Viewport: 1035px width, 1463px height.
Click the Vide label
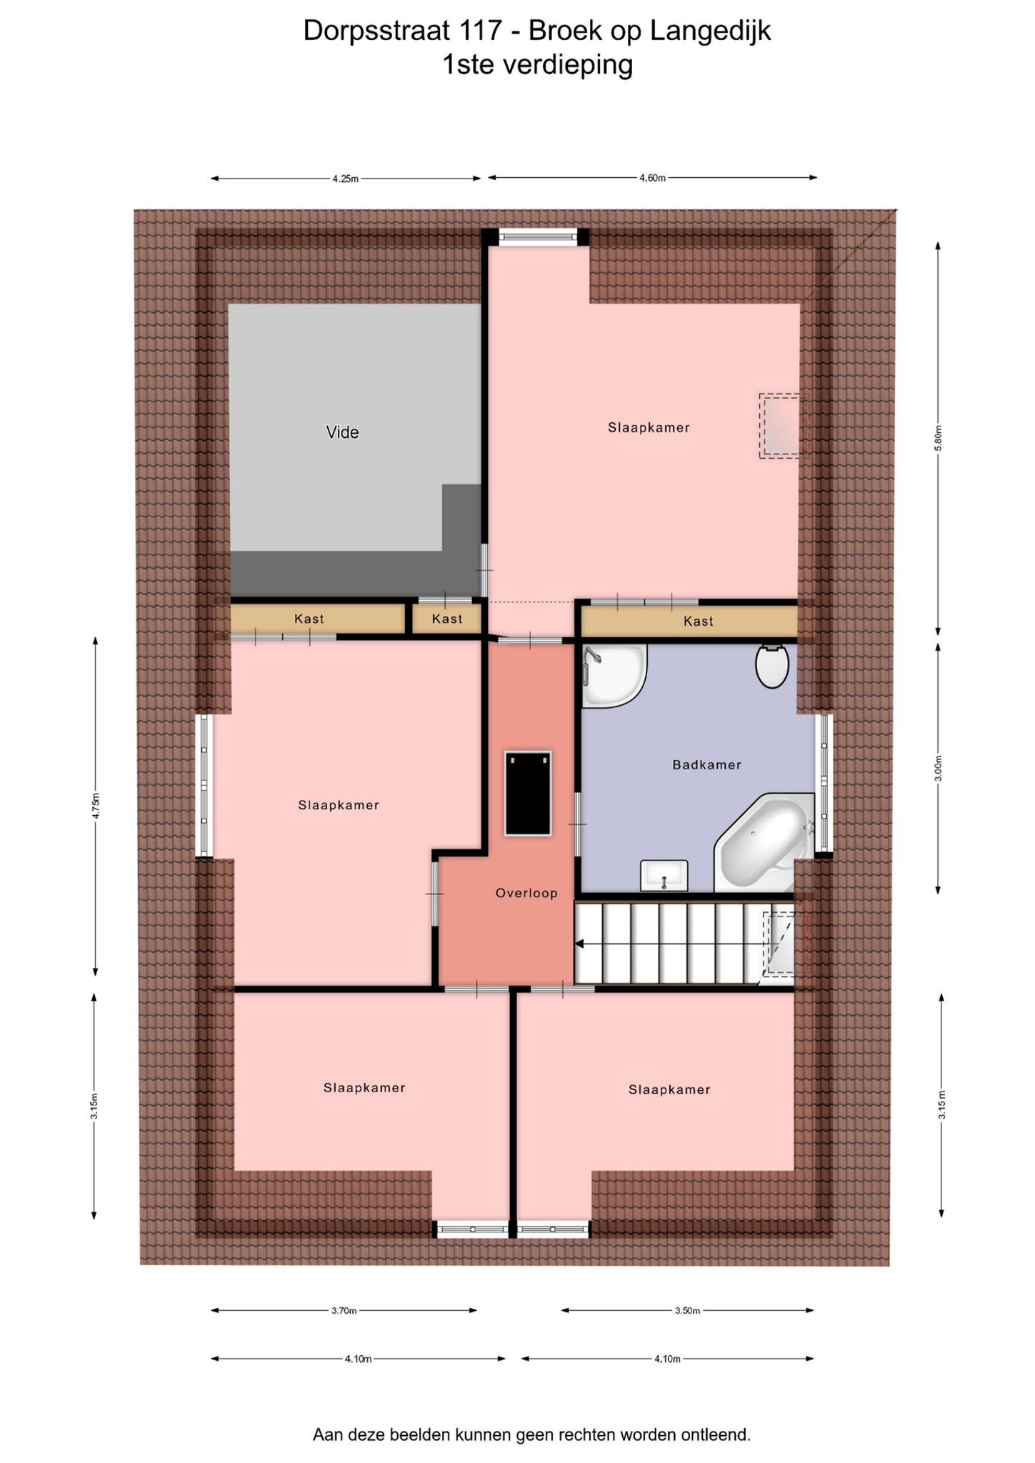(x=342, y=432)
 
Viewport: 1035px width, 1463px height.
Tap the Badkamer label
(x=706, y=764)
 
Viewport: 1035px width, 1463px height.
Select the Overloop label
(x=526, y=892)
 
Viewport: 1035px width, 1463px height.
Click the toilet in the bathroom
(x=772, y=665)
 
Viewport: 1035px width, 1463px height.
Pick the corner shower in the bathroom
(x=613, y=676)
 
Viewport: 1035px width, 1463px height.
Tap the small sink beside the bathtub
(x=664, y=876)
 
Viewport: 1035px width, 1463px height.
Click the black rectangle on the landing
(x=528, y=793)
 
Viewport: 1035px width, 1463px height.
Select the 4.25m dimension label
(x=345, y=179)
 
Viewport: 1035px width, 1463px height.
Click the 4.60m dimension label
(x=652, y=178)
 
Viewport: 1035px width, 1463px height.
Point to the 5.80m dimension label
(x=939, y=437)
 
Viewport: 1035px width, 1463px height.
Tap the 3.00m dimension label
(x=939, y=768)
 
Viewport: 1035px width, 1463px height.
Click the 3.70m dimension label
(x=344, y=1310)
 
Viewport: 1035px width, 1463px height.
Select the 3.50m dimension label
(x=687, y=1310)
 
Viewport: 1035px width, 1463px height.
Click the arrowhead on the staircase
(x=579, y=944)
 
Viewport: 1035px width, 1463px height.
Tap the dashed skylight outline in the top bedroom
(x=784, y=426)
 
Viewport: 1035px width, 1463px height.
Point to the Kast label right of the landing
(x=699, y=621)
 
